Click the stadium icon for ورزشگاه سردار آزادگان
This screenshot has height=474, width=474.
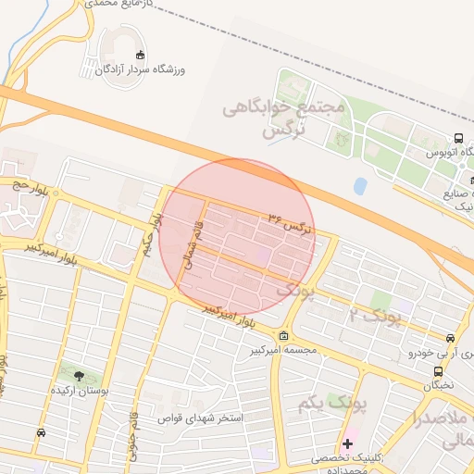tap(140, 55)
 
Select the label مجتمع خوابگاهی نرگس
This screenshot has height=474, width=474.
tap(283, 119)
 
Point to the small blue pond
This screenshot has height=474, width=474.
tap(359, 186)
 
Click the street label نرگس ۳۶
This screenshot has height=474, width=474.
tap(292, 222)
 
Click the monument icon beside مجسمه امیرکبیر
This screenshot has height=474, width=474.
tap(282, 335)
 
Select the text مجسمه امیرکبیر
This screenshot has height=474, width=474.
tap(282, 351)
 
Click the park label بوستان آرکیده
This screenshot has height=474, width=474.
tap(81, 391)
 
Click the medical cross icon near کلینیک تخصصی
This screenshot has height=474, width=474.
tap(347, 443)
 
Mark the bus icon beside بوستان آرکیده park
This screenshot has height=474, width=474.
tap(41, 432)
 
